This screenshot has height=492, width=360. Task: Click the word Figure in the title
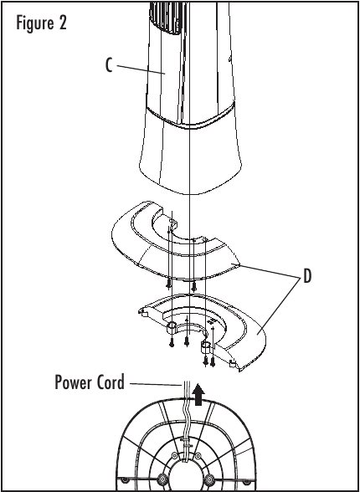point(34,23)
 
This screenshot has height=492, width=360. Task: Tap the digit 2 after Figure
point(63,23)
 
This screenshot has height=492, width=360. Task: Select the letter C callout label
point(109,65)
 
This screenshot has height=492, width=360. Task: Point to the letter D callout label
point(307,276)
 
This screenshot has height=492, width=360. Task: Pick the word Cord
point(112,382)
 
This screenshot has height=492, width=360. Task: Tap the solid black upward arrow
point(198,394)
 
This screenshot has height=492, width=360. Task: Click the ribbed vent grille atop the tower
point(166,17)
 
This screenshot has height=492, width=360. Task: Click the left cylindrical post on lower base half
point(172,328)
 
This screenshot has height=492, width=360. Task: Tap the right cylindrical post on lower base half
point(207,347)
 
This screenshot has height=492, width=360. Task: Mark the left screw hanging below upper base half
point(168,284)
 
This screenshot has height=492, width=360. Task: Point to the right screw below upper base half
point(193,286)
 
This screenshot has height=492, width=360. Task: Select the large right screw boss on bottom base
point(209,479)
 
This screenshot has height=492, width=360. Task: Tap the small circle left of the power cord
point(174,455)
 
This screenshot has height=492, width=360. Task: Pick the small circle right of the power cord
point(198,455)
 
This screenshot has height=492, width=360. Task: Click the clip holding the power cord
point(186,443)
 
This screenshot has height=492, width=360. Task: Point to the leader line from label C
point(141,69)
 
